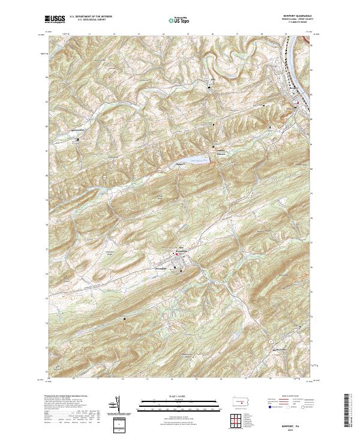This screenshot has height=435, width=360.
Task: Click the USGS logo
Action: (x=54, y=20)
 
